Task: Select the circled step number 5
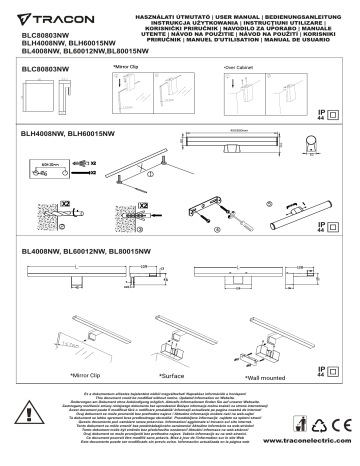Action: pyautogui.click(x=268, y=203)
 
